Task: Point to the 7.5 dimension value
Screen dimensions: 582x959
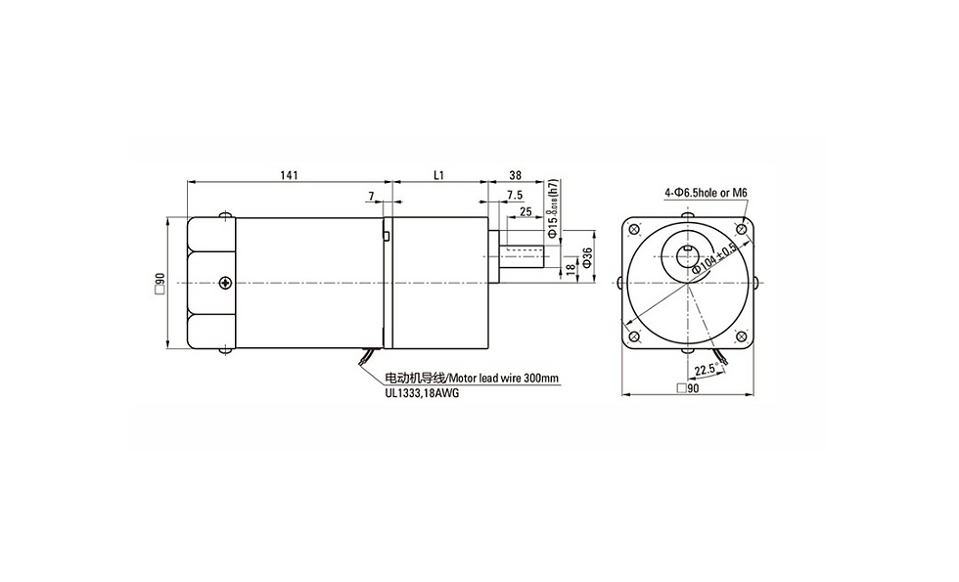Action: point(514,195)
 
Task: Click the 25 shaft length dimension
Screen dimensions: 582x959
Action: point(525,210)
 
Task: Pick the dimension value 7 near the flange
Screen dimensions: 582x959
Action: point(371,197)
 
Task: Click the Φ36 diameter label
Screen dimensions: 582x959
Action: point(587,256)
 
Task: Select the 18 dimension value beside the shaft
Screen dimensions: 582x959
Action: point(571,267)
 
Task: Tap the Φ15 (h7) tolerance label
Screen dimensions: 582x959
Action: point(553,208)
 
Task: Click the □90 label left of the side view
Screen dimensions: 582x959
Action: point(159,284)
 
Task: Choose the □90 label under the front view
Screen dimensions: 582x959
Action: point(687,388)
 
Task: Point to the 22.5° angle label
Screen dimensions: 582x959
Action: point(705,370)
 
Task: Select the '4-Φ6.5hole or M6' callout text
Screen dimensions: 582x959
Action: point(705,194)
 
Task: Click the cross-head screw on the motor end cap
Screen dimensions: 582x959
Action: point(226,283)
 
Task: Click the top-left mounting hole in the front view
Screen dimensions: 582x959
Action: point(635,231)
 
